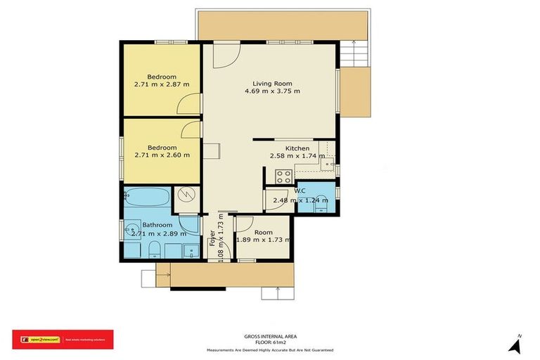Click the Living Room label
272,84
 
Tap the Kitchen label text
297,148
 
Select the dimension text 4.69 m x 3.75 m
272,91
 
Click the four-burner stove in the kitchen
283,176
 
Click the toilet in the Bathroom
153,250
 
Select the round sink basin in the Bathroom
131,228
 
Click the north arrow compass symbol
515,345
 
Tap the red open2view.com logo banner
63,340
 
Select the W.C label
300,191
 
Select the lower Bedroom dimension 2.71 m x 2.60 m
162,155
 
